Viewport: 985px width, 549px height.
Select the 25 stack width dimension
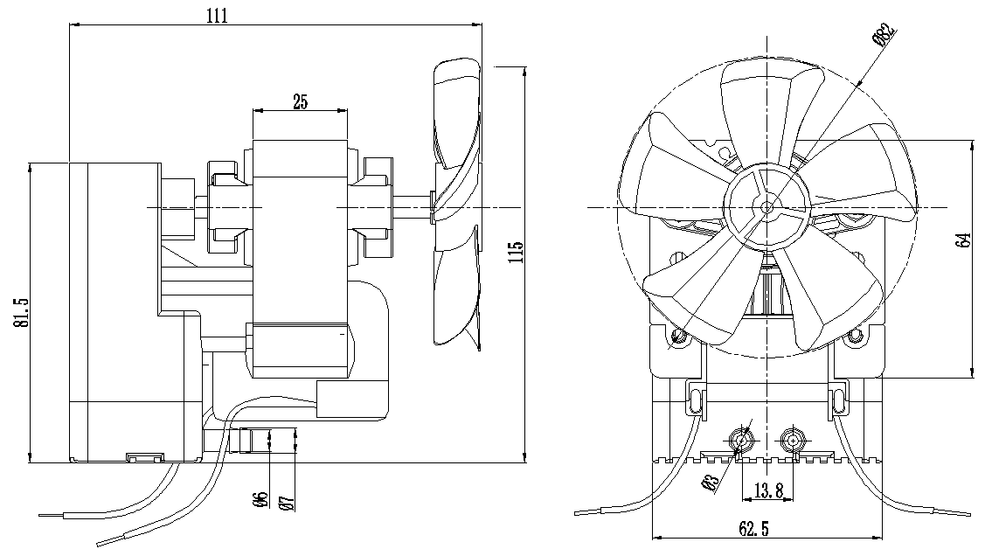pyautogui.click(x=300, y=101)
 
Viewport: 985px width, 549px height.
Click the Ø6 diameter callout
pyautogui.click(x=259, y=500)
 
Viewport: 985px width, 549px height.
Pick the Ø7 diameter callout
pyautogui.click(x=284, y=500)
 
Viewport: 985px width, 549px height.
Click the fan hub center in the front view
pyautogui.click(x=766, y=207)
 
